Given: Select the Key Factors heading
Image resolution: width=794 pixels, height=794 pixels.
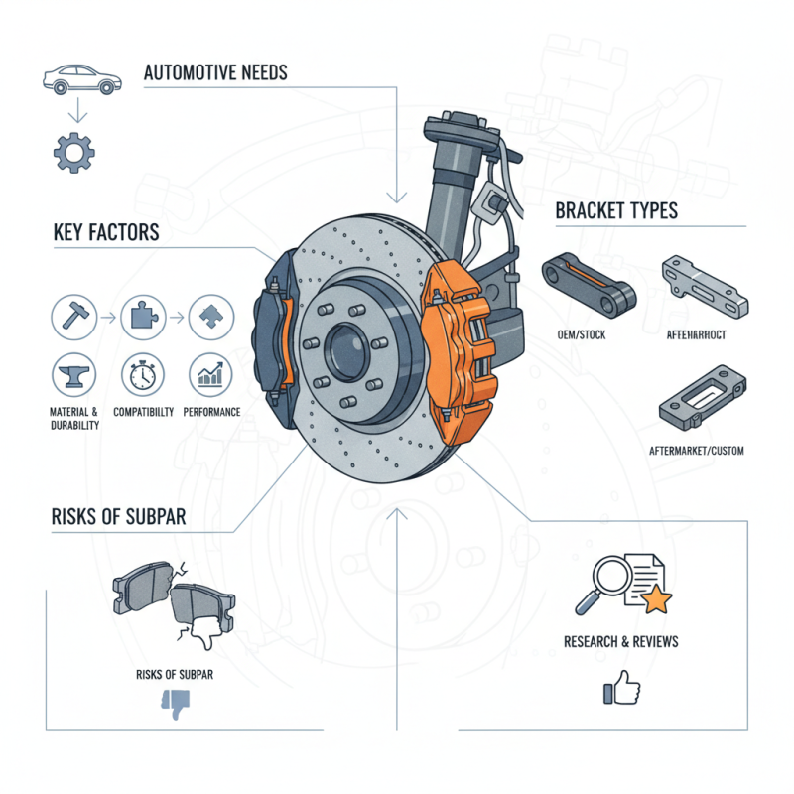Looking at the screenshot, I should (x=105, y=233).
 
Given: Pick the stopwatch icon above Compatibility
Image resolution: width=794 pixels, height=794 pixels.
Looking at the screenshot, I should (x=139, y=374).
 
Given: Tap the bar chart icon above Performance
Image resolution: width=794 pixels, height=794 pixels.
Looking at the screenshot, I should (x=209, y=374).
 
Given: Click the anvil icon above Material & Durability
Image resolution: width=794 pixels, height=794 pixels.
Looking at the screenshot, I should (x=70, y=374).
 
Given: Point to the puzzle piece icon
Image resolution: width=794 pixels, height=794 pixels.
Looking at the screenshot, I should (x=140, y=318).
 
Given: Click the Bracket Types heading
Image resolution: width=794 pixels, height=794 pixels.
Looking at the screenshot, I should (x=616, y=211).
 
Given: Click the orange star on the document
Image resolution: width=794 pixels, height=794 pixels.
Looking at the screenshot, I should (x=658, y=598).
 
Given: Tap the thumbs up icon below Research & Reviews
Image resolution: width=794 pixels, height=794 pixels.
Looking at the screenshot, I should (x=620, y=688).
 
